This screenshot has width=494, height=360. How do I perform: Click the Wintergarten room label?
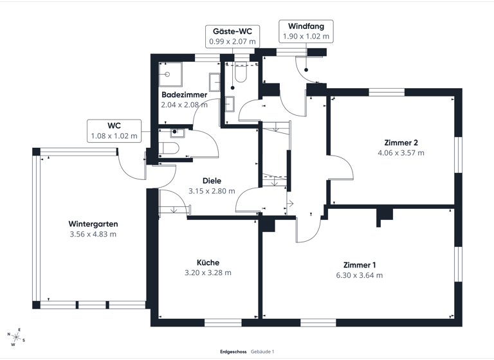pos(93,224)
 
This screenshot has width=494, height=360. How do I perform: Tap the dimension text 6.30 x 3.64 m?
pos(359,275)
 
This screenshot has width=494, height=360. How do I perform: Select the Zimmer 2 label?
pos(401,143)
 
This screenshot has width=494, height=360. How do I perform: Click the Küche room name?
pos(208,262)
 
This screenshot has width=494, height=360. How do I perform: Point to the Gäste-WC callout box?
pos(232,36)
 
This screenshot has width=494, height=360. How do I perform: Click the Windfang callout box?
pos(306,32)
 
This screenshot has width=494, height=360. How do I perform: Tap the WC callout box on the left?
pos(114,130)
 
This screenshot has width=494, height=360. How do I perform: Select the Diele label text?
pos(212,181)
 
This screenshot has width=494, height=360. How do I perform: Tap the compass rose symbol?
pos(15,336)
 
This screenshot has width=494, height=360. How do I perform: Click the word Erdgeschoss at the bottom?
pos(232,352)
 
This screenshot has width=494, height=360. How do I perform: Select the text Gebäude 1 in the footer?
pos(262,352)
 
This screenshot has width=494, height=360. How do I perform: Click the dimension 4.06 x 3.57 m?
pos(401,153)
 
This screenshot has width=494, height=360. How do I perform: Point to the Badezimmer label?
pos(184,94)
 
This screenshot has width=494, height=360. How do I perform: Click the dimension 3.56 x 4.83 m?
pos(93,234)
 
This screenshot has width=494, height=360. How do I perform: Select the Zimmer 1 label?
pos(359,265)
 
